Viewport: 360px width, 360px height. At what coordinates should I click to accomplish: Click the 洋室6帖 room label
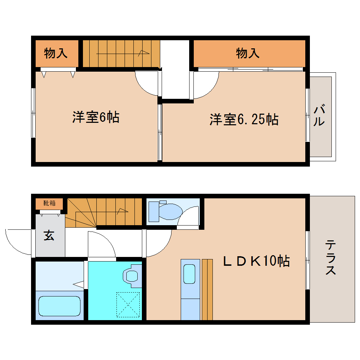96,117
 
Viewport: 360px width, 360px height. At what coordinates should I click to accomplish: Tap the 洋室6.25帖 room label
244,120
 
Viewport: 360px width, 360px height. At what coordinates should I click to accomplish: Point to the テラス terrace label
331,257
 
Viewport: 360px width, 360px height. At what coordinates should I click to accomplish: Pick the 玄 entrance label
49,235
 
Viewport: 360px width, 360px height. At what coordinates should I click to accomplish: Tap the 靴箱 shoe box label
49,203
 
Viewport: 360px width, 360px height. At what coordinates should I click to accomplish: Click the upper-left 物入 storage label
56,53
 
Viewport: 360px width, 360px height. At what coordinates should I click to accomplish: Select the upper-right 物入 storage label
248,53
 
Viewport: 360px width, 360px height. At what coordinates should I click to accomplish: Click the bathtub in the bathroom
59,306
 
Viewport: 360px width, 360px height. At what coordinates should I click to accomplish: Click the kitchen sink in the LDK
190,274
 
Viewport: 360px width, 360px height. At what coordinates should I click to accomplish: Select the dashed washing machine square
128,304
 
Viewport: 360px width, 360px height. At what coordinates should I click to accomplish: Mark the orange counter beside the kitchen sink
207,289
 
